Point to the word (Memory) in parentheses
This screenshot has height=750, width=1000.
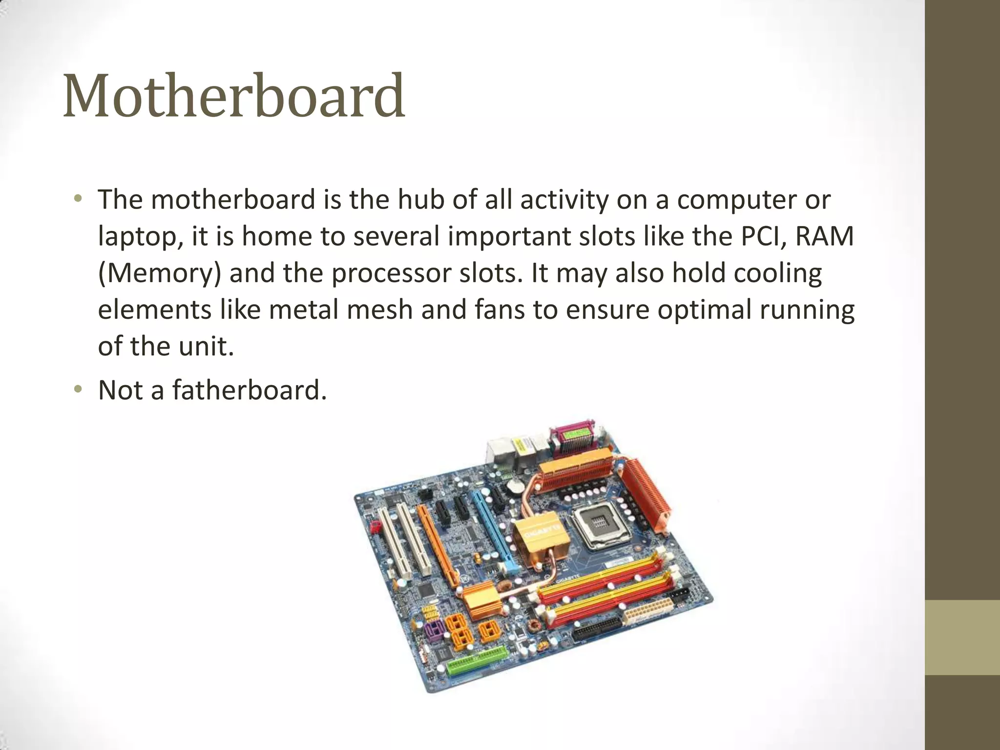[x=159, y=273]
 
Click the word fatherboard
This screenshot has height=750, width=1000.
[x=249, y=390]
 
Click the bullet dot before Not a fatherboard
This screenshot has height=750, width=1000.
[x=78, y=389]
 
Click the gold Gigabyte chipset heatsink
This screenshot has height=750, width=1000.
[x=539, y=535]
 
